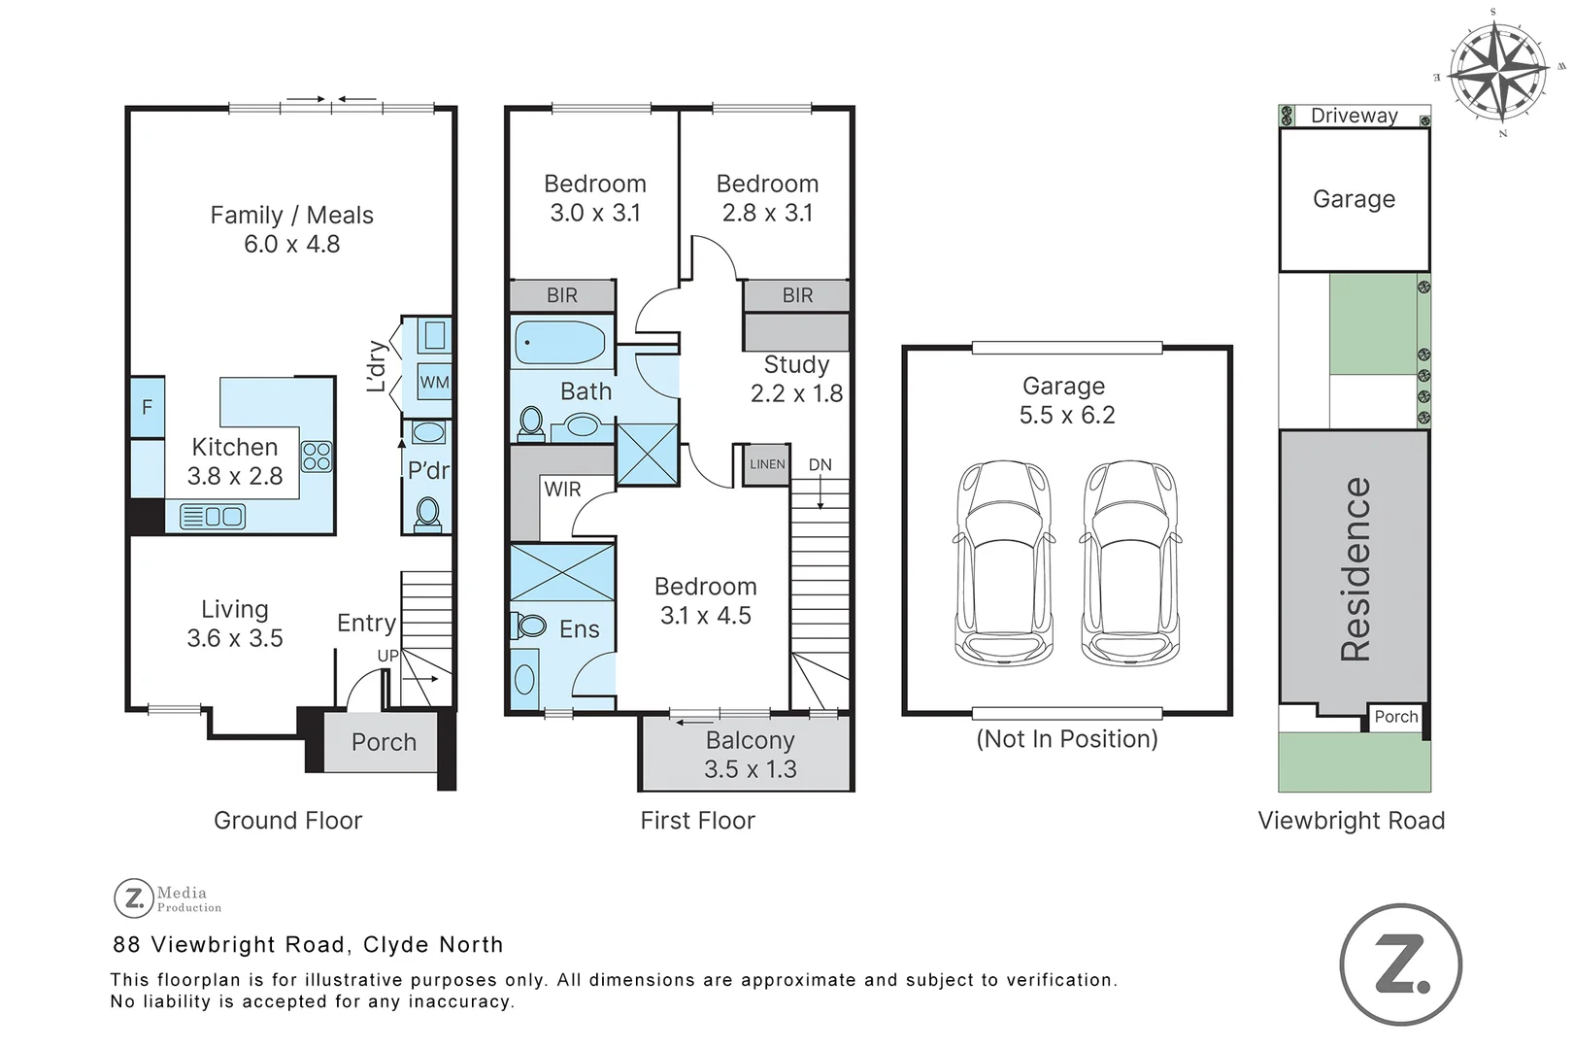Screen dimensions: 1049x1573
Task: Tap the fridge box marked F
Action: [x=148, y=407]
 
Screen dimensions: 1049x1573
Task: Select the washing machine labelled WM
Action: [x=434, y=382]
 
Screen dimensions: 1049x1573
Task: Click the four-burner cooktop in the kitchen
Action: [x=317, y=456]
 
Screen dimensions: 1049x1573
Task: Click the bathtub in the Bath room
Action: [x=560, y=343]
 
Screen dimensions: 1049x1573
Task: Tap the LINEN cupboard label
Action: [x=767, y=464]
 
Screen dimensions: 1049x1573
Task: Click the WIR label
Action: [x=562, y=489]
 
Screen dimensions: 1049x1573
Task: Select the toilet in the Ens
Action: [x=529, y=626]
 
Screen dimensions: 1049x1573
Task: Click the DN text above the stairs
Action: [x=820, y=464]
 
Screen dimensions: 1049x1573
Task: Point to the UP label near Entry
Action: [x=387, y=656]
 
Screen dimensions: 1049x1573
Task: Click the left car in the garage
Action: [x=1004, y=563]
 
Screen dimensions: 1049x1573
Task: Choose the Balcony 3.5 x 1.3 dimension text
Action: [x=751, y=769]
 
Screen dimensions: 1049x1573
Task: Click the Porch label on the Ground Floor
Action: [x=384, y=742]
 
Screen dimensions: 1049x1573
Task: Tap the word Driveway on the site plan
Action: [x=1354, y=116]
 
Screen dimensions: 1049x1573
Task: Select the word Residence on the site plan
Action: [x=1355, y=569]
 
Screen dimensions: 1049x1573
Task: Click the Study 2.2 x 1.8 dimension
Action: [x=796, y=393]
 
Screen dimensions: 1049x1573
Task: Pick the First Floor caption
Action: [x=697, y=821]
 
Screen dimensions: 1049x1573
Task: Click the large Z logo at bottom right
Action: [x=1400, y=964]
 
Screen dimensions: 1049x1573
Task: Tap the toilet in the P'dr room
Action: [x=427, y=512]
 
